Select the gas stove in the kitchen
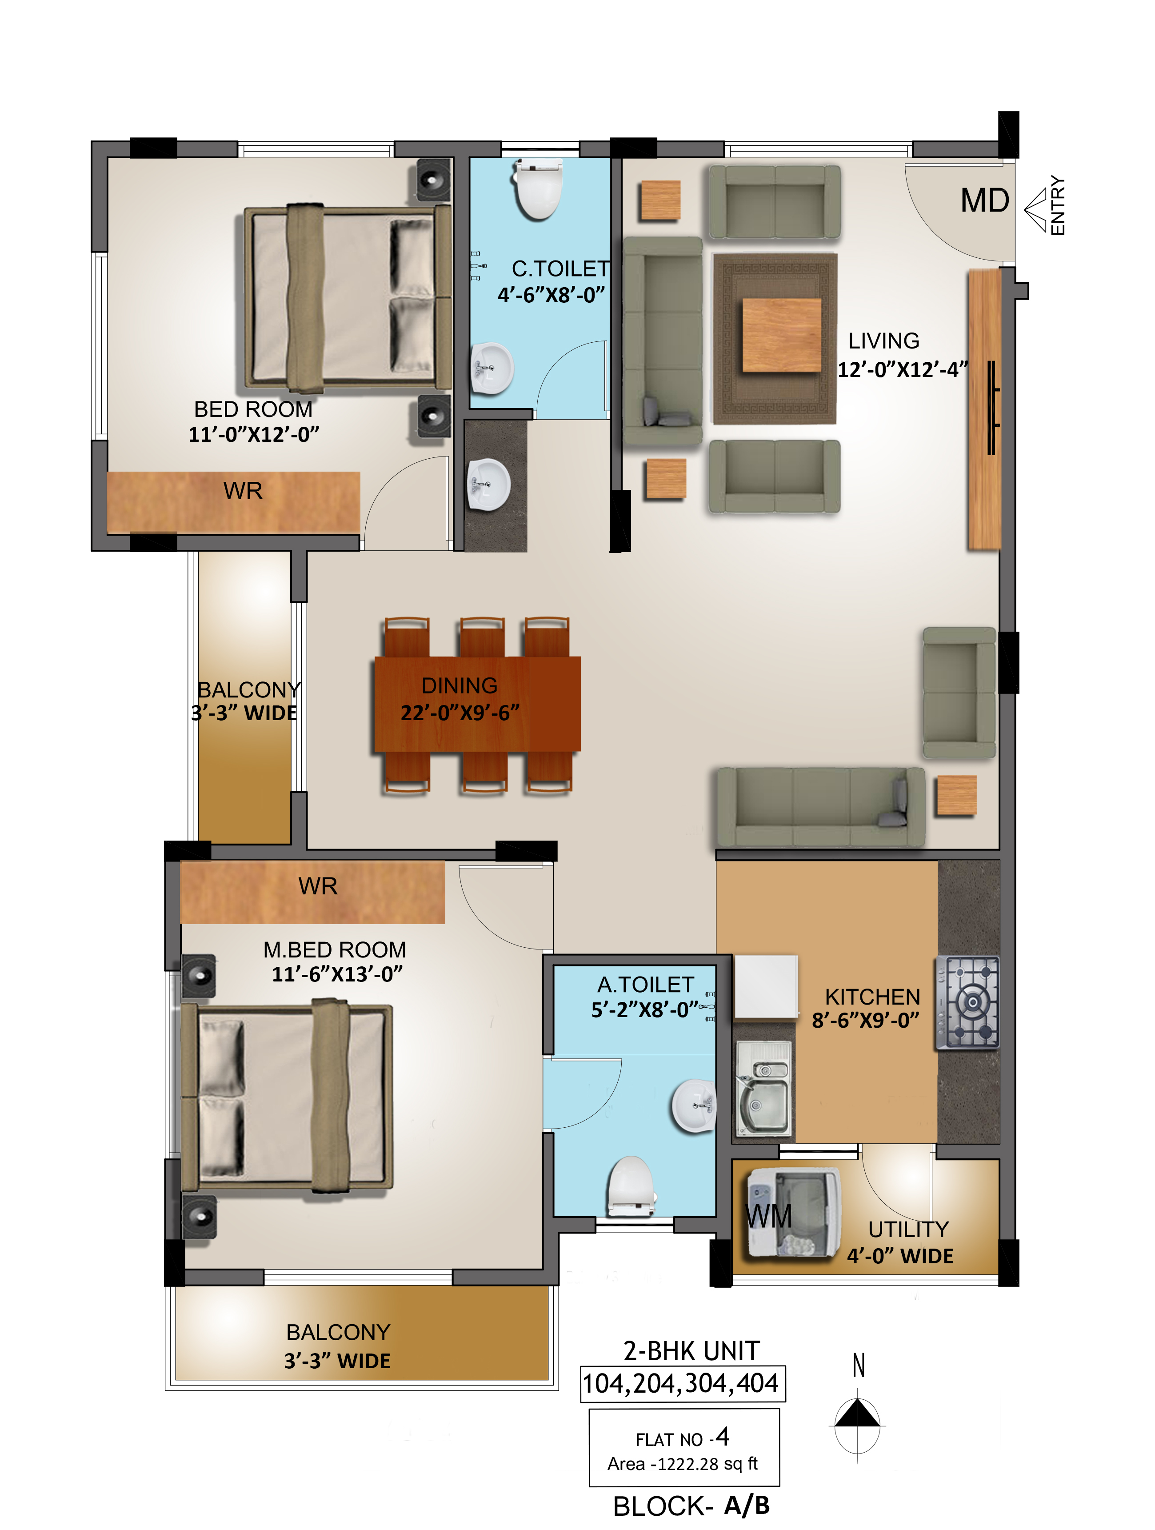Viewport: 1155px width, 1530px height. [x=967, y=1002]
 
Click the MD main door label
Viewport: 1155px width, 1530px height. [x=985, y=201]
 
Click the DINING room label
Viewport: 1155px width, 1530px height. [x=459, y=685]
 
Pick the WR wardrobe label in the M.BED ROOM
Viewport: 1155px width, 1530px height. [x=318, y=886]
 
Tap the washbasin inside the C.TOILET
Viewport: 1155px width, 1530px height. [x=491, y=368]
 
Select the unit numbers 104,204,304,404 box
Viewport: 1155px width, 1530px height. [x=682, y=1383]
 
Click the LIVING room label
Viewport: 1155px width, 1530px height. [x=884, y=341]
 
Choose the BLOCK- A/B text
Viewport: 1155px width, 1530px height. [x=691, y=1506]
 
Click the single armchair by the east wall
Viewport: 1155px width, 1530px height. [x=959, y=693]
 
